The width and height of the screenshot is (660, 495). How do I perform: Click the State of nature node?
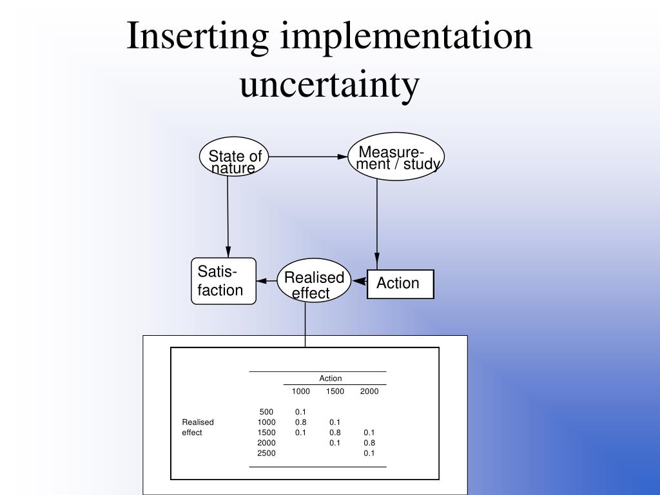pos(235,157)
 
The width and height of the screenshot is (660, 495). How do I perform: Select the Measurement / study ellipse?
pos(396,157)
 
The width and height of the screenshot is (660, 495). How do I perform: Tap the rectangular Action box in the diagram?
pos(400,284)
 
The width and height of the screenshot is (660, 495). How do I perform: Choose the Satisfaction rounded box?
pos(224,281)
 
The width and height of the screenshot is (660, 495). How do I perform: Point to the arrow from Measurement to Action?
pos(377,219)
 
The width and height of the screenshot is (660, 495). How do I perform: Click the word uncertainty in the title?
pos(329,84)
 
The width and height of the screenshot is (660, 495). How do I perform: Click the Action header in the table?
pos(331,378)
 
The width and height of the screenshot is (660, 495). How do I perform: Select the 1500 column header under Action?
pos(335,391)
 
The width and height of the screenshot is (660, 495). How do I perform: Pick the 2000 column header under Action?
pos(369,391)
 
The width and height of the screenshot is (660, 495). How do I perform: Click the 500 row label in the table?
pos(266,412)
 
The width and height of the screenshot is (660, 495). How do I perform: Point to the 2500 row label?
pos(266,453)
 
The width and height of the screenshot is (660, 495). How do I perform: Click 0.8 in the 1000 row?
pos(300,422)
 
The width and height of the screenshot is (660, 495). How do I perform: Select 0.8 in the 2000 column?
pos(369,443)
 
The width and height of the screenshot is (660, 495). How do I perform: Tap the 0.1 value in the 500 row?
pos(300,412)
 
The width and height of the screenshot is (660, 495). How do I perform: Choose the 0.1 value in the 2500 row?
pos(369,453)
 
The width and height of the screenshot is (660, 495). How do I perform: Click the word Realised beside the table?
pos(198,422)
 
